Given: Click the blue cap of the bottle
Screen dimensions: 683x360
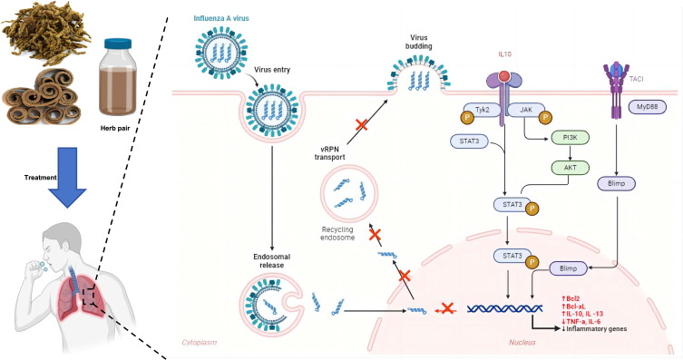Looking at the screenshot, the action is pos(118,44).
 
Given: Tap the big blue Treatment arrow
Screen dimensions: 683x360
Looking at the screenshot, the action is pos(67,177).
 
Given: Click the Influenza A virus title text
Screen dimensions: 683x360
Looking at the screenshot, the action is pos(221,18).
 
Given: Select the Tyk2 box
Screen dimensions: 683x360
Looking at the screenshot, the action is pos(483,111).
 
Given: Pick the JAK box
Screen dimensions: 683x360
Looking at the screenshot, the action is pos(526,111).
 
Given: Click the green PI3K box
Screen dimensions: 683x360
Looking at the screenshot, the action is pos(571,138).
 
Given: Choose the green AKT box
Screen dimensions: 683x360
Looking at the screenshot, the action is pos(571,167).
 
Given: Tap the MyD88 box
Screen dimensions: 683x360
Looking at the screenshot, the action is pos(648,107).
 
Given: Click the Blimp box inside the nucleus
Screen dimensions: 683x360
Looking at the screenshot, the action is pos(568,268).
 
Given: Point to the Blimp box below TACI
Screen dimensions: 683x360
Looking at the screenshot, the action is pos(617,183).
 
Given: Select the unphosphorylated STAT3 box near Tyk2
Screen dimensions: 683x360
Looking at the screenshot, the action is pos(469,141).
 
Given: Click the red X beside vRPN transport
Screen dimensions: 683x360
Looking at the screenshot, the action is pos(361,125).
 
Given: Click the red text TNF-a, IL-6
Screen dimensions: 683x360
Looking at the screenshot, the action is pos(583,321).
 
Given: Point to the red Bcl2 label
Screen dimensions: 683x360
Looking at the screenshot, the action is pos(571,298).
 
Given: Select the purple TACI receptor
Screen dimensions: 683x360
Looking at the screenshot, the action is pos(616,89).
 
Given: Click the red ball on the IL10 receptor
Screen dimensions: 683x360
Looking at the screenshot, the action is pos(504,76).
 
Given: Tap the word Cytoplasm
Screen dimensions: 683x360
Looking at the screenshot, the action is pos(199,342).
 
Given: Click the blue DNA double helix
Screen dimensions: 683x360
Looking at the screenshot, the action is pos(504,308).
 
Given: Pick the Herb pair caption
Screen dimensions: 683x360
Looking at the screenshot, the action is pos(114,129).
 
